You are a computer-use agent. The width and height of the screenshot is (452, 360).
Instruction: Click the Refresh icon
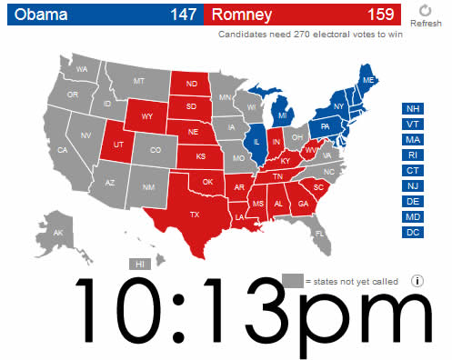click(x=426, y=10)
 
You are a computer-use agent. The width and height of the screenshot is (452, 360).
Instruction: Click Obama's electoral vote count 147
click(x=182, y=14)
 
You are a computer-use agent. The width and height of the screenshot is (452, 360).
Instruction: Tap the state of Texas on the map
click(x=194, y=215)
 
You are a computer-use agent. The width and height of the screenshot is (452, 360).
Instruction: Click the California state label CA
click(x=63, y=150)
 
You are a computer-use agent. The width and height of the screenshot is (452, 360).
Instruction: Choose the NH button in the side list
click(x=413, y=108)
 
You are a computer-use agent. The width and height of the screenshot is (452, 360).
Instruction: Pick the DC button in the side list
click(x=413, y=232)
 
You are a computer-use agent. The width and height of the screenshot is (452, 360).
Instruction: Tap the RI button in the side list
click(x=413, y=155)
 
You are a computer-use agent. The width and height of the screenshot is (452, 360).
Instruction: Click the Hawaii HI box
click(x=140, y=264)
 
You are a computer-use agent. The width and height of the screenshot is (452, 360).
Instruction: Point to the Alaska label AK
click(x=58, y=233)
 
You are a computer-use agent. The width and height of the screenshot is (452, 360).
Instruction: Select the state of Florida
click(x=319, y=233)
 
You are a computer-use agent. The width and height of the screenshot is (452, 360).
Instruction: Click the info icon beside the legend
click(x=417, y=281)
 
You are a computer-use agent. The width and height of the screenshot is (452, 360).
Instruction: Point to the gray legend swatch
click(x=292, y=280)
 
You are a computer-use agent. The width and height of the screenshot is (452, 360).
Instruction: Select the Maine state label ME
click(x=368, y=82)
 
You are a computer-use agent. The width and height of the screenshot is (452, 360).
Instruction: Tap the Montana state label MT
click(x=138, y=81)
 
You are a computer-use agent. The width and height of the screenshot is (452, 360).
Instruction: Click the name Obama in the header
click(x=35, y=14)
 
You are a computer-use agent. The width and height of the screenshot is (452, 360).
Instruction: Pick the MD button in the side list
click(x=413, y=216)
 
